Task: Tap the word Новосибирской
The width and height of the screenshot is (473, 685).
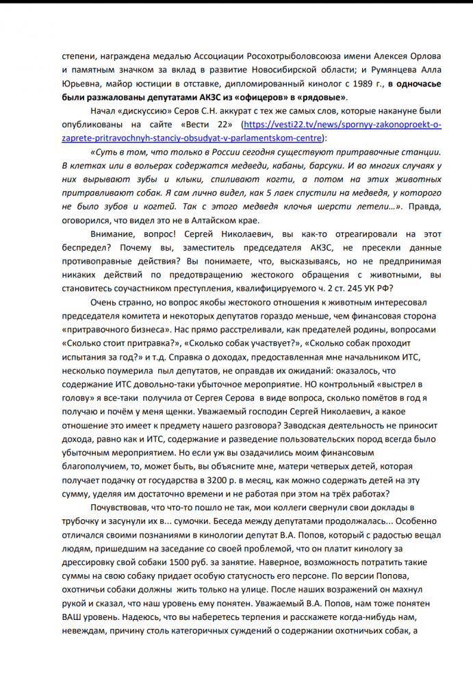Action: click(x=301, y=70)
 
